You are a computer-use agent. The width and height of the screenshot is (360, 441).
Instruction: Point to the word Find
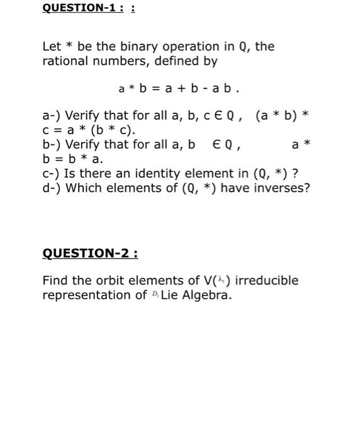(55, 280)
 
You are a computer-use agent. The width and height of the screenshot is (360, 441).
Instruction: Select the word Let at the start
(52, 47)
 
